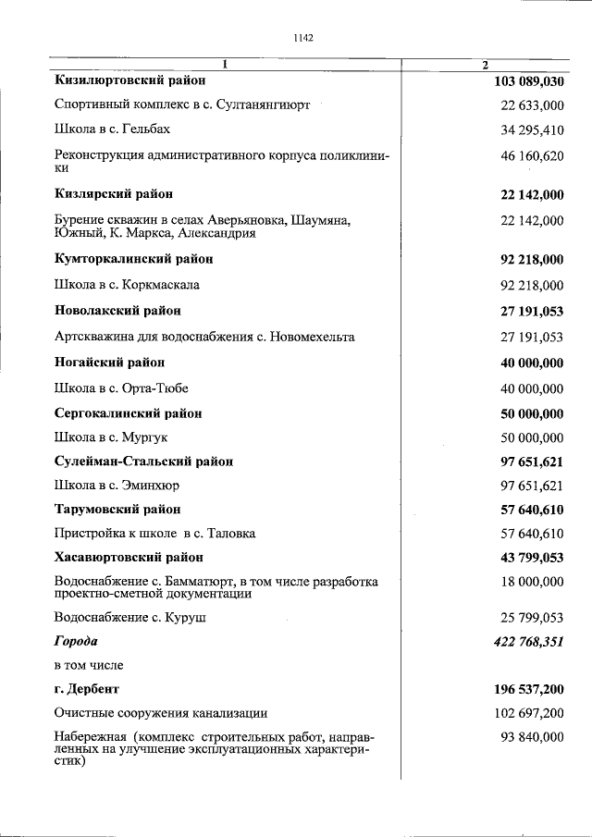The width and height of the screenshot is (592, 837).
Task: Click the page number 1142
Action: pyautogui.click(x=302, y=38)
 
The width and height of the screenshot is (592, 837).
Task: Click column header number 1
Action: pyautogui.click(x=224, y=64)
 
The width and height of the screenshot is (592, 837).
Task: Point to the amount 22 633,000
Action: pyautogui.click(x=532, y=105)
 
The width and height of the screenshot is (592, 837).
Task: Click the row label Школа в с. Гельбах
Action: pyautogui.click(x=112, y=129)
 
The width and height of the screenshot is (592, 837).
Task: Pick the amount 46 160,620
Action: pyautogui.click(x=532, y=156)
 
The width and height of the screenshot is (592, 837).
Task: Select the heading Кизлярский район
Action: pyautogui.click(x=113, y=194)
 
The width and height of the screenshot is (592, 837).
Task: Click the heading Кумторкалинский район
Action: pyautogui.click(x=134, y=259)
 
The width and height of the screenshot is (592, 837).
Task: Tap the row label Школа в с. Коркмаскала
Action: pyautogui.click(x=127, y=285)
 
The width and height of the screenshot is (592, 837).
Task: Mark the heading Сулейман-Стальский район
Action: pyautogui.click(x=143, y=461)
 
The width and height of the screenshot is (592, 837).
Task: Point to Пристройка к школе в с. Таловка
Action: pyautogui.click(x=154, y=534)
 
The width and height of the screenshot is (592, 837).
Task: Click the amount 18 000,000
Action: pyautogui.click(x=532, y=582)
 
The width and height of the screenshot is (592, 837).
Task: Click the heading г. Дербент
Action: pyautogui.click(x=87, y=689)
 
